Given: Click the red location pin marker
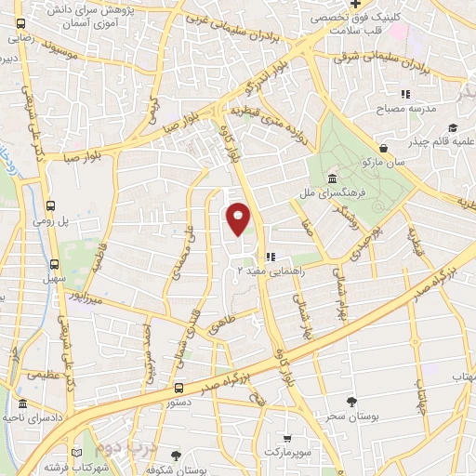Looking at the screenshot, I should pos(239,219).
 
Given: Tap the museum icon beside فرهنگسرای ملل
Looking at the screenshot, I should pos(332,179).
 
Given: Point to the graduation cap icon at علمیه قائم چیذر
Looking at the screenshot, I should pos(452,127).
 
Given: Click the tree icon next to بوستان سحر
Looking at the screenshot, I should pos(351,402).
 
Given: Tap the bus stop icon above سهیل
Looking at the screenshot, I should pos(55,264).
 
